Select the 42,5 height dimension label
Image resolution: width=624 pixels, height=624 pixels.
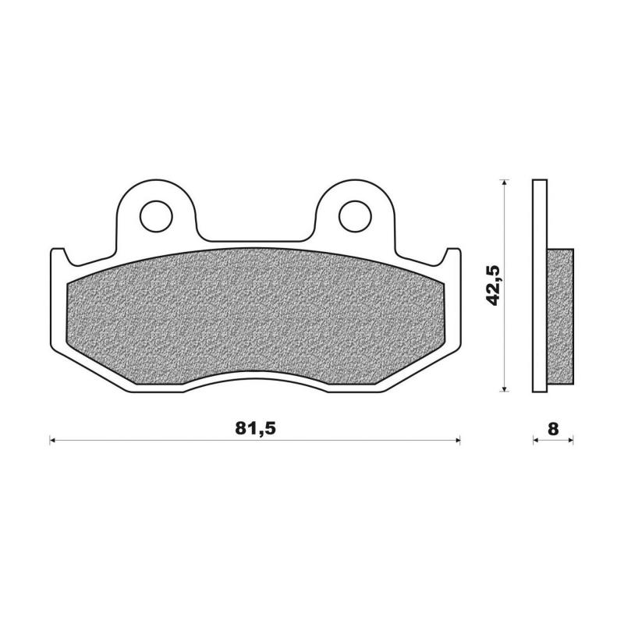tap(492, 285)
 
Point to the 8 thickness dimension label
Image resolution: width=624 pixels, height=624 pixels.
tap(553, 428)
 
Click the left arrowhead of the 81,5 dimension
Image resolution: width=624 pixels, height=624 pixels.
tap(53, 441)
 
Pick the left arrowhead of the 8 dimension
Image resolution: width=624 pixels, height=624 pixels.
tap(537, 441)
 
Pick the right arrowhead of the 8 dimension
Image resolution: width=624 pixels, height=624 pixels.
tap(570, 441)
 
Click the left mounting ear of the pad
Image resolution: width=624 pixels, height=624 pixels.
tap(156, 199)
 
